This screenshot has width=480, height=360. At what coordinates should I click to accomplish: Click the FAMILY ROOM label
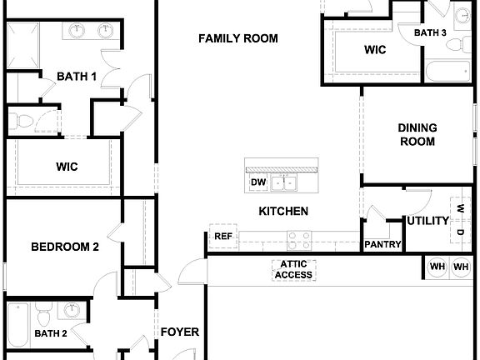pyautogui.click(x=238, y=38)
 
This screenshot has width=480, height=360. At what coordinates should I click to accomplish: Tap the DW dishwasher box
pyautogui.click(x=257, y=182)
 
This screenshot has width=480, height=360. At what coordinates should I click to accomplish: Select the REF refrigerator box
pyautogui.click(x=222, y=236)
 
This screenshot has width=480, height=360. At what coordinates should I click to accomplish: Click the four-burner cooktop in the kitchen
pyautogui.click(x=300, y=240)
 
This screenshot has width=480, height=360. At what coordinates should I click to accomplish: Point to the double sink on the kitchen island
pyautogui.click(x=288, y=182)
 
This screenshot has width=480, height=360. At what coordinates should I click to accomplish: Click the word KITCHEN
pyautogui.click(x=282, y=212)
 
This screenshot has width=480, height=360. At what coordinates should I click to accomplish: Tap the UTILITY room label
pyautogui.click(x=427, y=221)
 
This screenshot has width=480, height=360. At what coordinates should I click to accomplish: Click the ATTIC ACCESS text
pyautogui.click(x=292, y=270)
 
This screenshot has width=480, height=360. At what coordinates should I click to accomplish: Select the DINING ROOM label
pyautogui.click(x=417, y=134)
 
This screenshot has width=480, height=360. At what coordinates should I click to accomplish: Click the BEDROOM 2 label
pyautogui.click(x=65, y=247)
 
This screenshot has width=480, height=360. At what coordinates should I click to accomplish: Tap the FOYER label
pyautogui.click(x=179, y=332)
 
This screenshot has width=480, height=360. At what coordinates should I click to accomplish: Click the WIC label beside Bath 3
pyautogui.click(x=375, y=50)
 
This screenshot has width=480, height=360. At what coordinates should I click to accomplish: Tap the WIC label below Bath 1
pyautogui.click(x=67, y=167)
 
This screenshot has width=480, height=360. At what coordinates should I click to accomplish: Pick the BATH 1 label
pyautogui.click(x=77, y=77)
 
